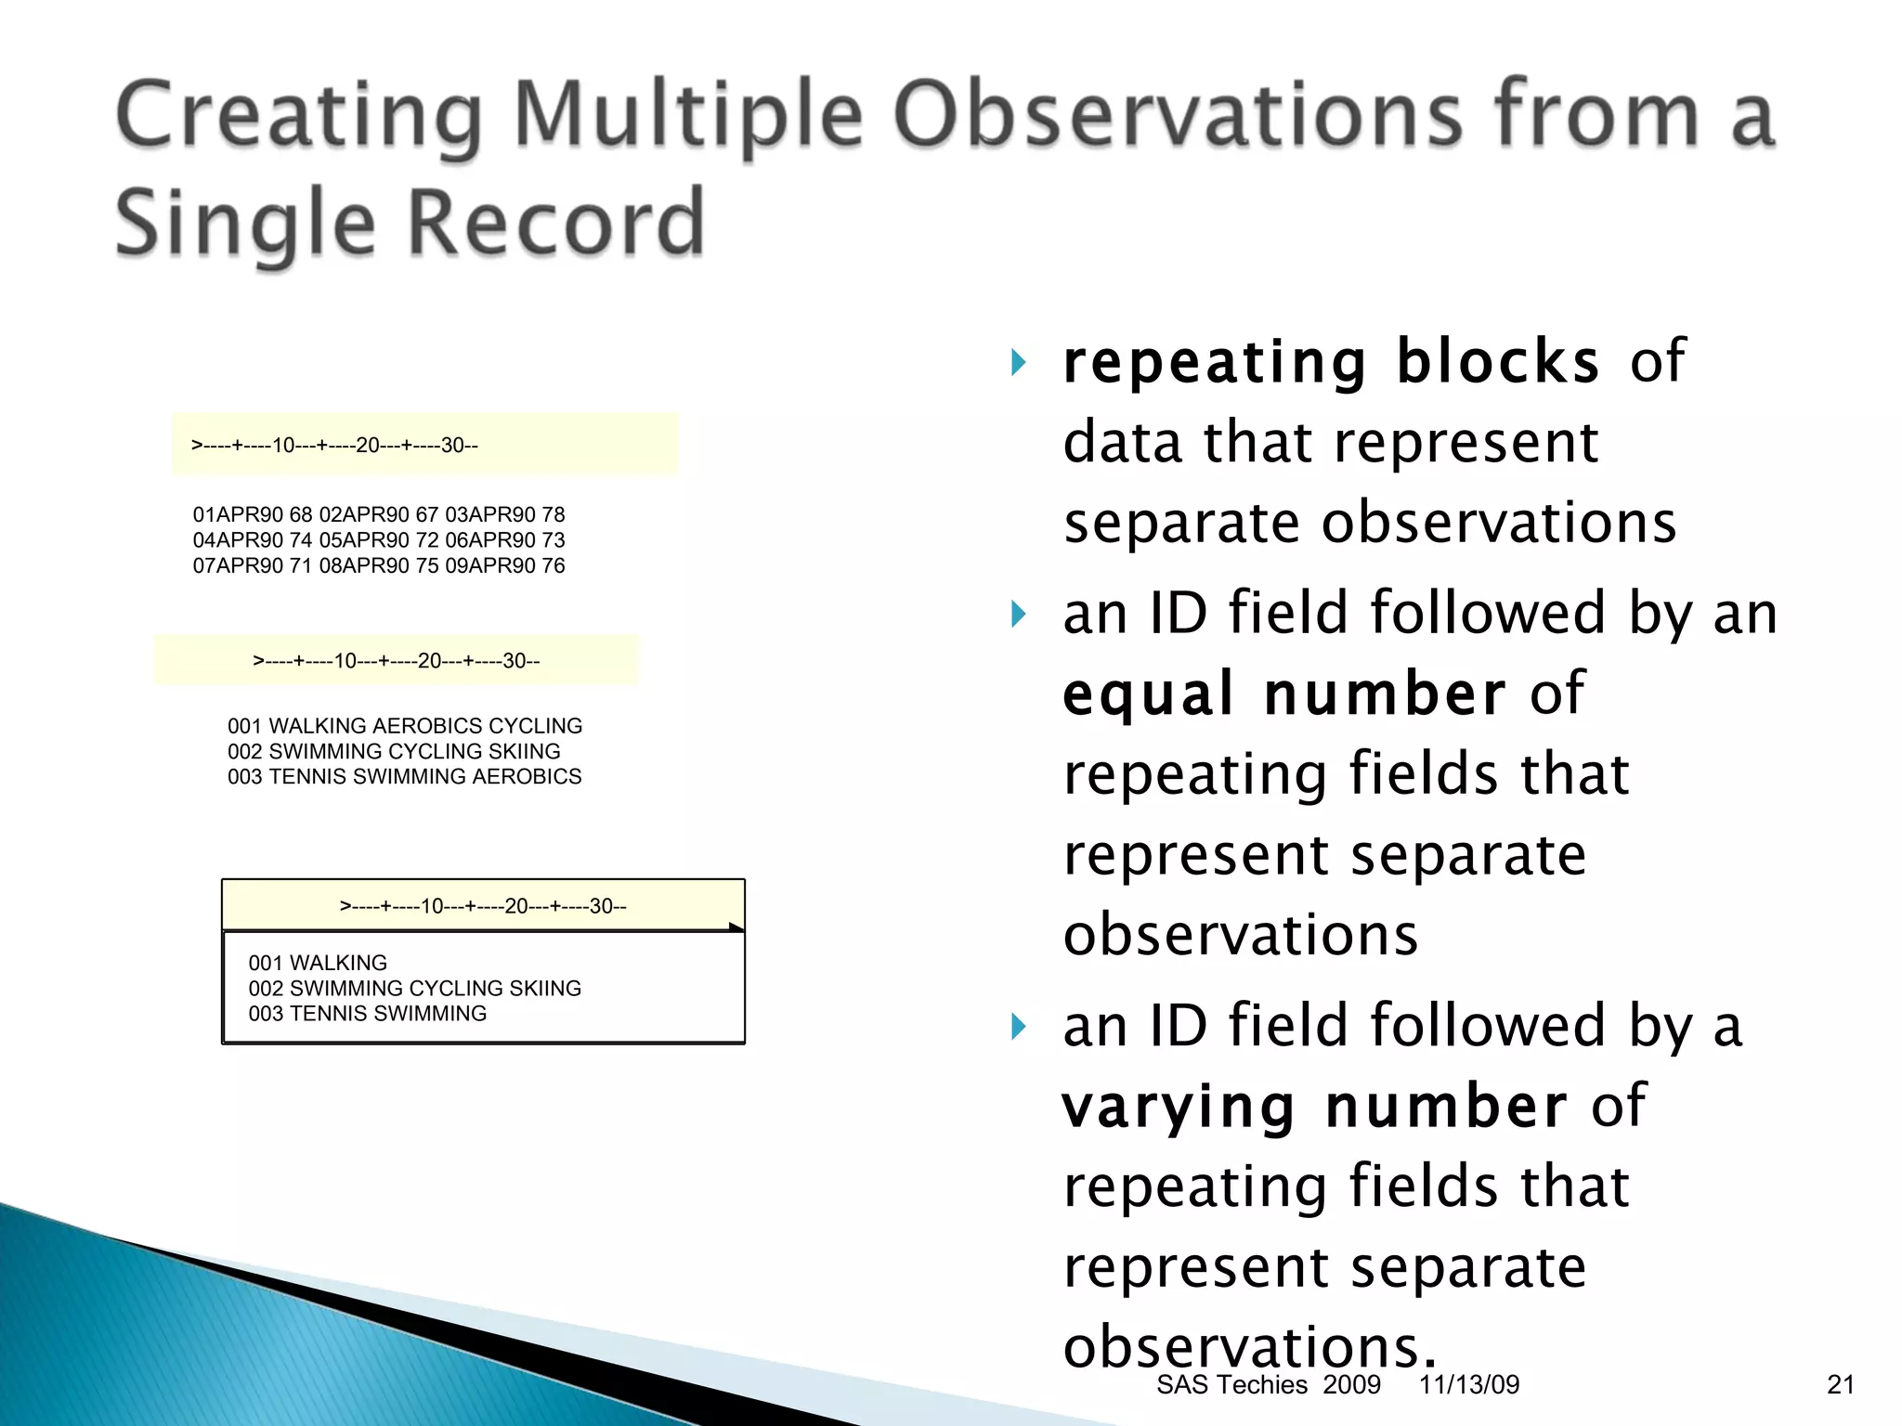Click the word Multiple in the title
point(688,116)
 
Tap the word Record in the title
point(556,223)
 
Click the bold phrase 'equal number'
point(1284,694)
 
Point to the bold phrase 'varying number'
point(1315,1107)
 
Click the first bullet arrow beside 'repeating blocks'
point(1019,362)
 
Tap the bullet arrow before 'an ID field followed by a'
point(1019,1027)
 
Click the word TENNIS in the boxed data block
point(320,1014)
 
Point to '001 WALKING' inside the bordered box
point(318,963)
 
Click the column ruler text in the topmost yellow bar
point(334,446)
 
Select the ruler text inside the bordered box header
point(483,906)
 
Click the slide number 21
point(1840,1385)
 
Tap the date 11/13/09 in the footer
point(1468,1385)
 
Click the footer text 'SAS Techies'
point(1231,1385)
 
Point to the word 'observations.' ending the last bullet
point(1249,1346)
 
